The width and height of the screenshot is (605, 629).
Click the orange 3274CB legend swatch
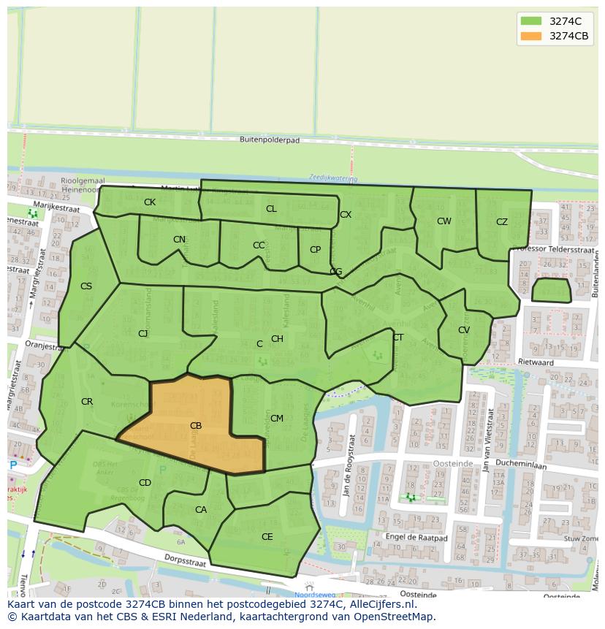[531, 37]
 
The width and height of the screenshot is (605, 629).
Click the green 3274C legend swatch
[531, 21]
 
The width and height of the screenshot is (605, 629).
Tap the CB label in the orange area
[196, 426]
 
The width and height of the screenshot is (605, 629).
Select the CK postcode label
[149, 202]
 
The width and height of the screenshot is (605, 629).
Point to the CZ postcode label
[502, 222]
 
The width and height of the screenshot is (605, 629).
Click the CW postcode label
[444, 221]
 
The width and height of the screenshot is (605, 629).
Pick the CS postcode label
[86, 286]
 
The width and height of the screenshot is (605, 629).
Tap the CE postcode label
[267, 537]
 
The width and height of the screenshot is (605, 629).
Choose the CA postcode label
[201, 510]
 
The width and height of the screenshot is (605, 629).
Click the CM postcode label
[277, 419]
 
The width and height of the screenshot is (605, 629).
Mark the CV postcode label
[464, 330]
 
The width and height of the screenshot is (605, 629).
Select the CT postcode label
[398, 338]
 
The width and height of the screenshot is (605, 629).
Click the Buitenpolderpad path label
[270, 140]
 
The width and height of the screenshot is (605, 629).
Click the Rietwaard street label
[556, 362]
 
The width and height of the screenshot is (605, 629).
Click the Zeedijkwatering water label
[333, 178]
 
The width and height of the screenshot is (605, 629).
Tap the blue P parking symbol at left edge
[13, 465]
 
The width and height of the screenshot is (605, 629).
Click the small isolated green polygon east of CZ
[551, 290]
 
